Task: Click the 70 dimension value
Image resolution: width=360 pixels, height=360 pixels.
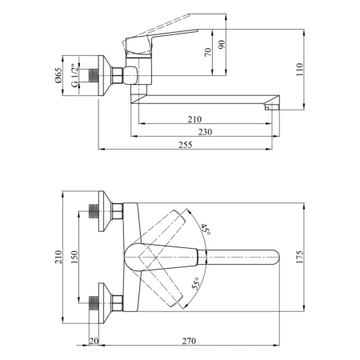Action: pos(208,52)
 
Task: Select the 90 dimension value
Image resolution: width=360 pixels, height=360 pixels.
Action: pos(222,44)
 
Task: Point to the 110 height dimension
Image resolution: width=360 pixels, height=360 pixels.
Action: pos(300,70)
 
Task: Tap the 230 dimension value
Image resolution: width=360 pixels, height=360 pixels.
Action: pos(205,132)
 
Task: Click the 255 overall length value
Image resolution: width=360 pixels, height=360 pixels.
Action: pos(186,145)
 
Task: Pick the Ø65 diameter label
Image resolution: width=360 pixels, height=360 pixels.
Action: pos(58,75)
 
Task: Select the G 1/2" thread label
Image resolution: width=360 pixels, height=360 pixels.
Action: pos(75,75)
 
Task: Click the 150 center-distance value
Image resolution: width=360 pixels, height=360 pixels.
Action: pos(75,257)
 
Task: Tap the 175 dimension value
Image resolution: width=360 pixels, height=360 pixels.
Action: pos(300,257)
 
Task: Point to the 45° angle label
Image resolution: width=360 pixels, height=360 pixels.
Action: pos(206,230)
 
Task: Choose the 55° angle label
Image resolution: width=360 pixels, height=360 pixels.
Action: pos(196,283)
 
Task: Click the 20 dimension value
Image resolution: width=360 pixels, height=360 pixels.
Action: pos(94,341)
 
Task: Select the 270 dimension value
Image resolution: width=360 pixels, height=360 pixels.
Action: pos(189,341)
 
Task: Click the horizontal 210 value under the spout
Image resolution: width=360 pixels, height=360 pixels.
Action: pos(194,119)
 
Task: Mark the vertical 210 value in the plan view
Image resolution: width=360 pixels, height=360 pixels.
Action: pos(58,257)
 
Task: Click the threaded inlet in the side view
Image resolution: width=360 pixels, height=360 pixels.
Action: pos(94,75)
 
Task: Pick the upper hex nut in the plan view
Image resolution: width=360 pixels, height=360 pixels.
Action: pos(117,211)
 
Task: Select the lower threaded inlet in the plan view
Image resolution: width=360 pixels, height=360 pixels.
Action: pos(94,303)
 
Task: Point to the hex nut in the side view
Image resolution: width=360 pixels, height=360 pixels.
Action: pos(117,75)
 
